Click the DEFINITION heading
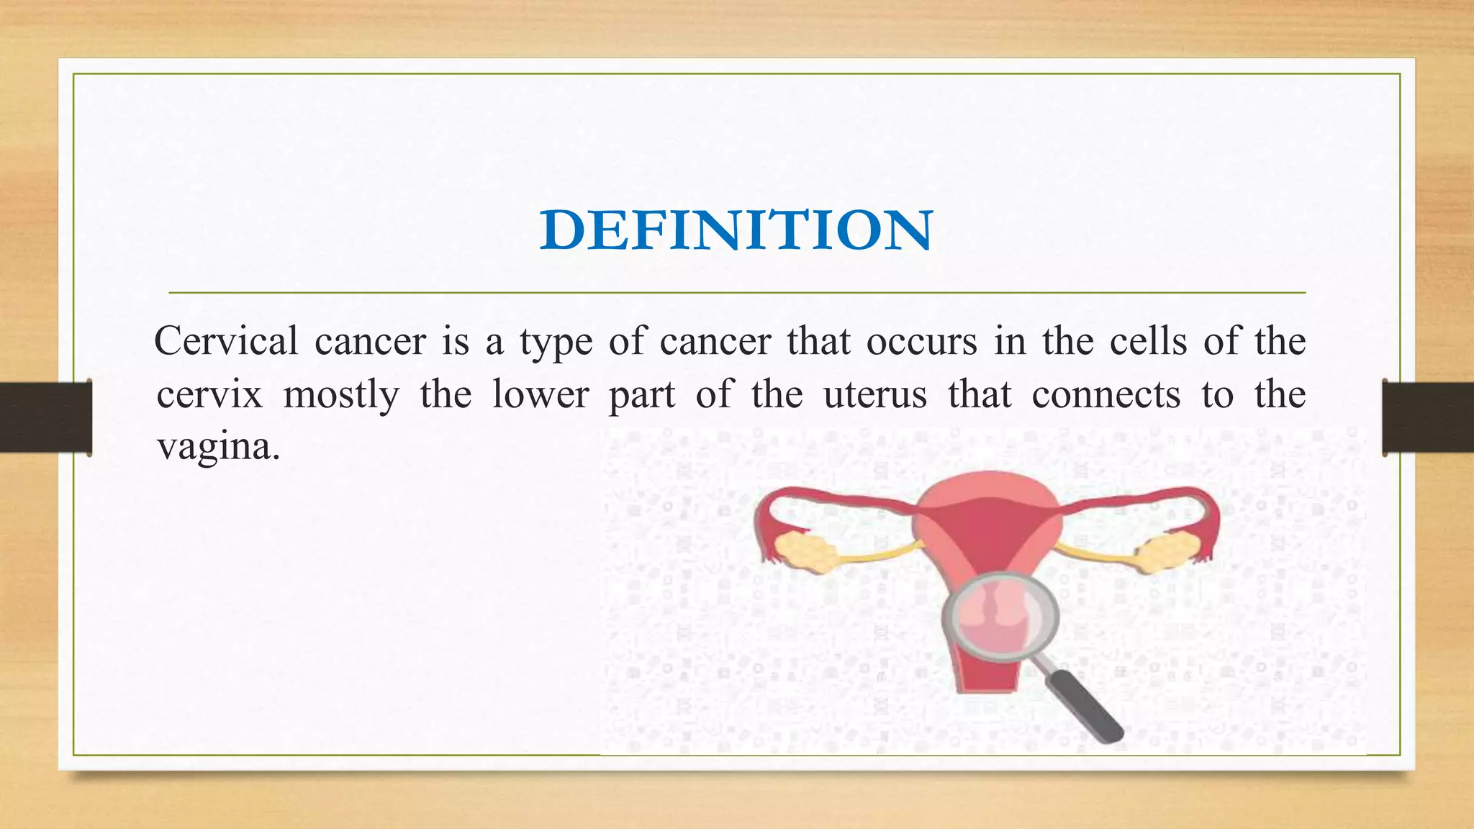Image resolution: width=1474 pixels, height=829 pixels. tap(736, 230)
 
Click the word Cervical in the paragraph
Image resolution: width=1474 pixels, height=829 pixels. tap(226, 340)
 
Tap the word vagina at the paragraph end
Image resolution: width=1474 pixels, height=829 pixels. tap(217, 447)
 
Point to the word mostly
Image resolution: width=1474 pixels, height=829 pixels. tap(341, 394)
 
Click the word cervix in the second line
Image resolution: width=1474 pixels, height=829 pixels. tap(209, 394)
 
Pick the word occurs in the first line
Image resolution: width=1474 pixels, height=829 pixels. tap(921, 340)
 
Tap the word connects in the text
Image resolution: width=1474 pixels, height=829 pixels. tap(1105, 394)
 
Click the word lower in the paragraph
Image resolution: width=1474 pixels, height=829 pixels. tap(541, 394)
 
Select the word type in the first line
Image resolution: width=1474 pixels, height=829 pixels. tap(556, 342)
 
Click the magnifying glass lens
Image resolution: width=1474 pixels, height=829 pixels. tap(1000, 616)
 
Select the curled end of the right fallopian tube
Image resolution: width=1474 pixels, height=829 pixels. tap(1210, 533)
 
